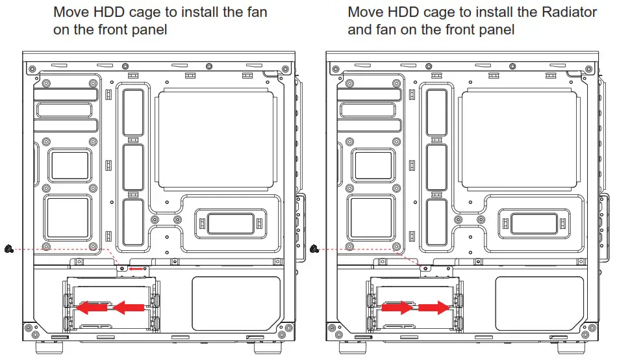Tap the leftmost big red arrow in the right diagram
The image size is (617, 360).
396,305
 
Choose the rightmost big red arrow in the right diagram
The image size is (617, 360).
434,305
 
